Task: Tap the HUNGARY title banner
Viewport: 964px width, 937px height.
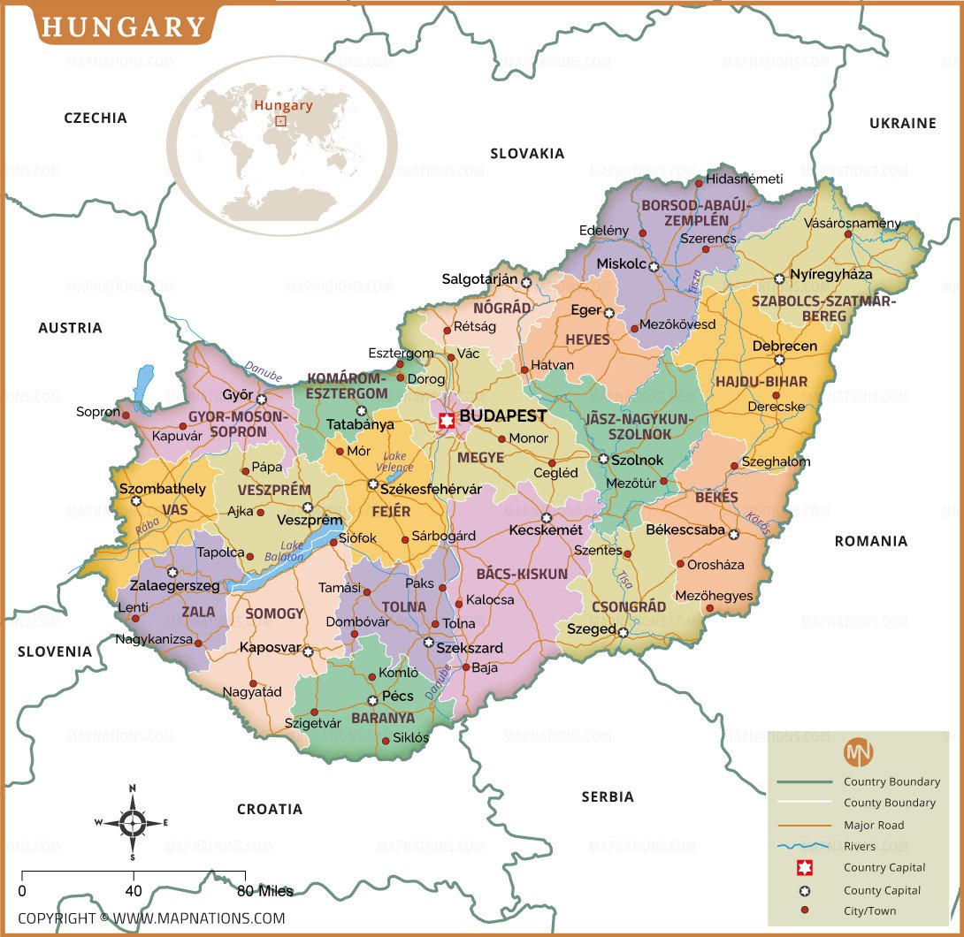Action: coord(123,27)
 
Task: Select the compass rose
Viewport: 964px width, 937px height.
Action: coord(132,823)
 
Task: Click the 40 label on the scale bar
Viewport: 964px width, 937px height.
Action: coord(134,890)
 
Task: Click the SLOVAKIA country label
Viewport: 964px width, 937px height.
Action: coord(527,154)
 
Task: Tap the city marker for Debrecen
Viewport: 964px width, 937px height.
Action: coord(779,360)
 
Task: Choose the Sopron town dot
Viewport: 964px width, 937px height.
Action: coord(126,414)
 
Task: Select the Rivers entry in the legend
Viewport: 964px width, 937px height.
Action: coord(859,847)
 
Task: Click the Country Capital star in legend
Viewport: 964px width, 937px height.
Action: coord(805,868)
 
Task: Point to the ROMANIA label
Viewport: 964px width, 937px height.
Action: coord(870,541)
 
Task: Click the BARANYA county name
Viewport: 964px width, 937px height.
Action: coord(383,719)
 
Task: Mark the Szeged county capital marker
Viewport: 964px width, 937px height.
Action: coord(624,632)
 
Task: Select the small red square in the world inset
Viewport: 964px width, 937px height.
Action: coord(280,121)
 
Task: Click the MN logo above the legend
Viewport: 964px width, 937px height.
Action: coord(858,752)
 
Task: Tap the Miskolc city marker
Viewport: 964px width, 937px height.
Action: coord(654,266)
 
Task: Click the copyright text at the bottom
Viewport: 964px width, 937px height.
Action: coord(151,918)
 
